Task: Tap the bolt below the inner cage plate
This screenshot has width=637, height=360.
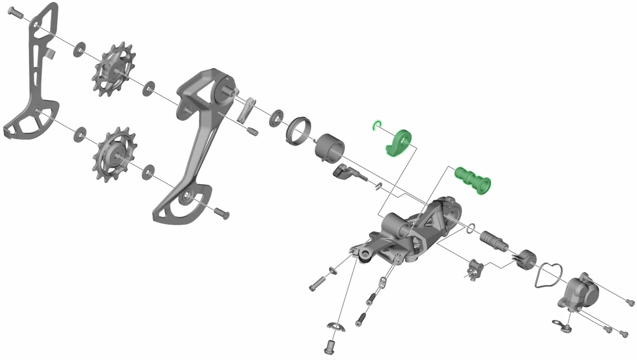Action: pos(222,212)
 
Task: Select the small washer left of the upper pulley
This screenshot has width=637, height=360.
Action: pos(79,49)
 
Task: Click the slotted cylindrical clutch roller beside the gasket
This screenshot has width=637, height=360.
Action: pos(527,259)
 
